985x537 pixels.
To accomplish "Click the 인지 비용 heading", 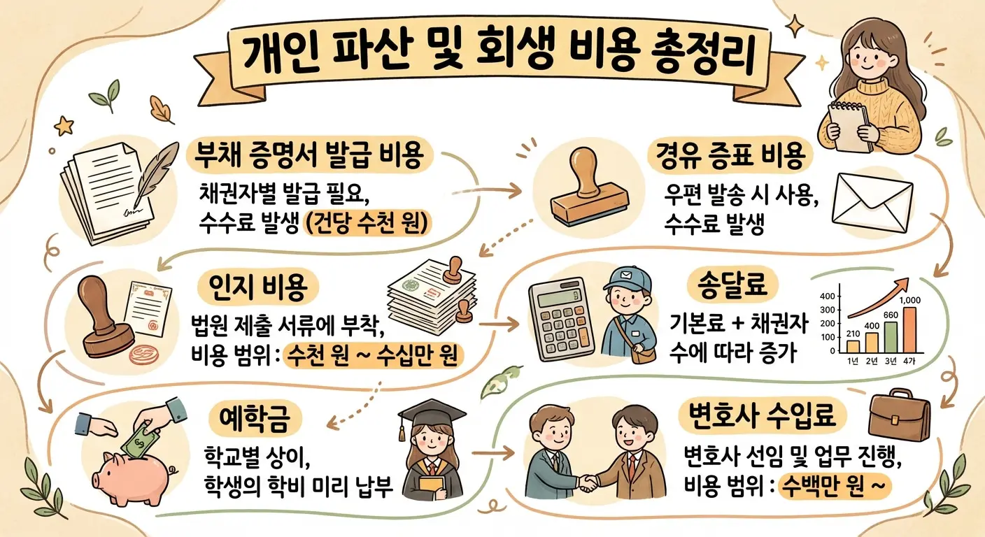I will [264, 285].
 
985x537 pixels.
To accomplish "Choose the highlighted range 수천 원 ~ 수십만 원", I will [373, 355].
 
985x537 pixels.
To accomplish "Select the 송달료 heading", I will [733, 285].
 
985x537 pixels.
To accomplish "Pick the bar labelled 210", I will [853, 345].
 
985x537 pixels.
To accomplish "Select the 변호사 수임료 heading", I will [763, 418].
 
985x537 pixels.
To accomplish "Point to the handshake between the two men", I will [588, 482].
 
